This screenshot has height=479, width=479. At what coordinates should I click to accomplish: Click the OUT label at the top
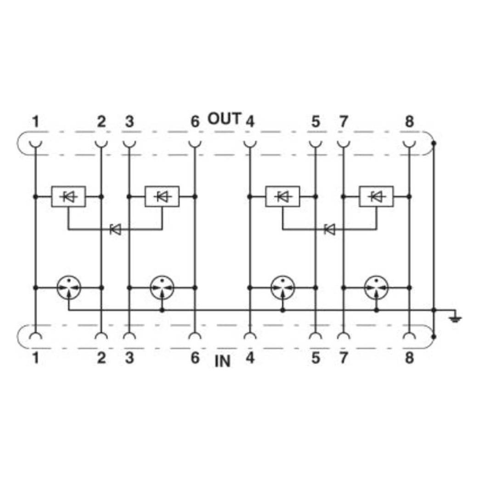click(x=225, y=118)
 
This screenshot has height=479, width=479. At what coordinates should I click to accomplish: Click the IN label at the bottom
click(x=222, y=361)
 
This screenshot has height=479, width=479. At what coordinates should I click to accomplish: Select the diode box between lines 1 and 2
click(x=68, y=197)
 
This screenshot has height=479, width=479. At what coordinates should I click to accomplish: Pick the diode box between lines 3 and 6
click(x=162, y=197)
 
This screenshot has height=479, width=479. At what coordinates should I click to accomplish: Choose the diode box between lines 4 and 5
click(x=282, y=197)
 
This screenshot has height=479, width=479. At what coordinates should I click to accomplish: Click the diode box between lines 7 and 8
click(x=377, y=197)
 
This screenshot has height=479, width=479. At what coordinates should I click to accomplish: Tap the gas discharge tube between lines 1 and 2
click(x=69, y=287)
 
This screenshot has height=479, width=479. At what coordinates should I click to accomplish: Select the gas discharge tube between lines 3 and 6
click(x=162, y=287)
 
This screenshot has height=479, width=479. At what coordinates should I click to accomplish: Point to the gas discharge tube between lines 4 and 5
click(x=283, y=287)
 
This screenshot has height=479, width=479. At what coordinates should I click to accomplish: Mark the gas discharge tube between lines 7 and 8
click(x=377, y=287)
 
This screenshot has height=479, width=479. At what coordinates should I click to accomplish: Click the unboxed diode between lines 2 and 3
click(x=116, y=229)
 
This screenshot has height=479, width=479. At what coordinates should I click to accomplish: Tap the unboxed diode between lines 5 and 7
click(x=330, y=229)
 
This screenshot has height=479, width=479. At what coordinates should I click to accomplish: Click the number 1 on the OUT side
click(x=36, y=122)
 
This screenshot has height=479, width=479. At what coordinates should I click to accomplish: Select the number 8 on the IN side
click(x=409, y=358)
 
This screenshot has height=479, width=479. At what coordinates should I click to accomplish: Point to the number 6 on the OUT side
click(x=195, y=122)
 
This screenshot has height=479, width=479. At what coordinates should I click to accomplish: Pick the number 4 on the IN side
click(x=250, y=358)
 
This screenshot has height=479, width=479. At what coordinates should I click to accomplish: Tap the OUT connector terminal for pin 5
click(x=316, y=144)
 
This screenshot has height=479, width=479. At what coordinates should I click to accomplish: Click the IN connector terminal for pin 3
click(x=129, y=336)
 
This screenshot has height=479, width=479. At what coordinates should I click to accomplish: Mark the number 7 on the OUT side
click(x=344, y=122)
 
